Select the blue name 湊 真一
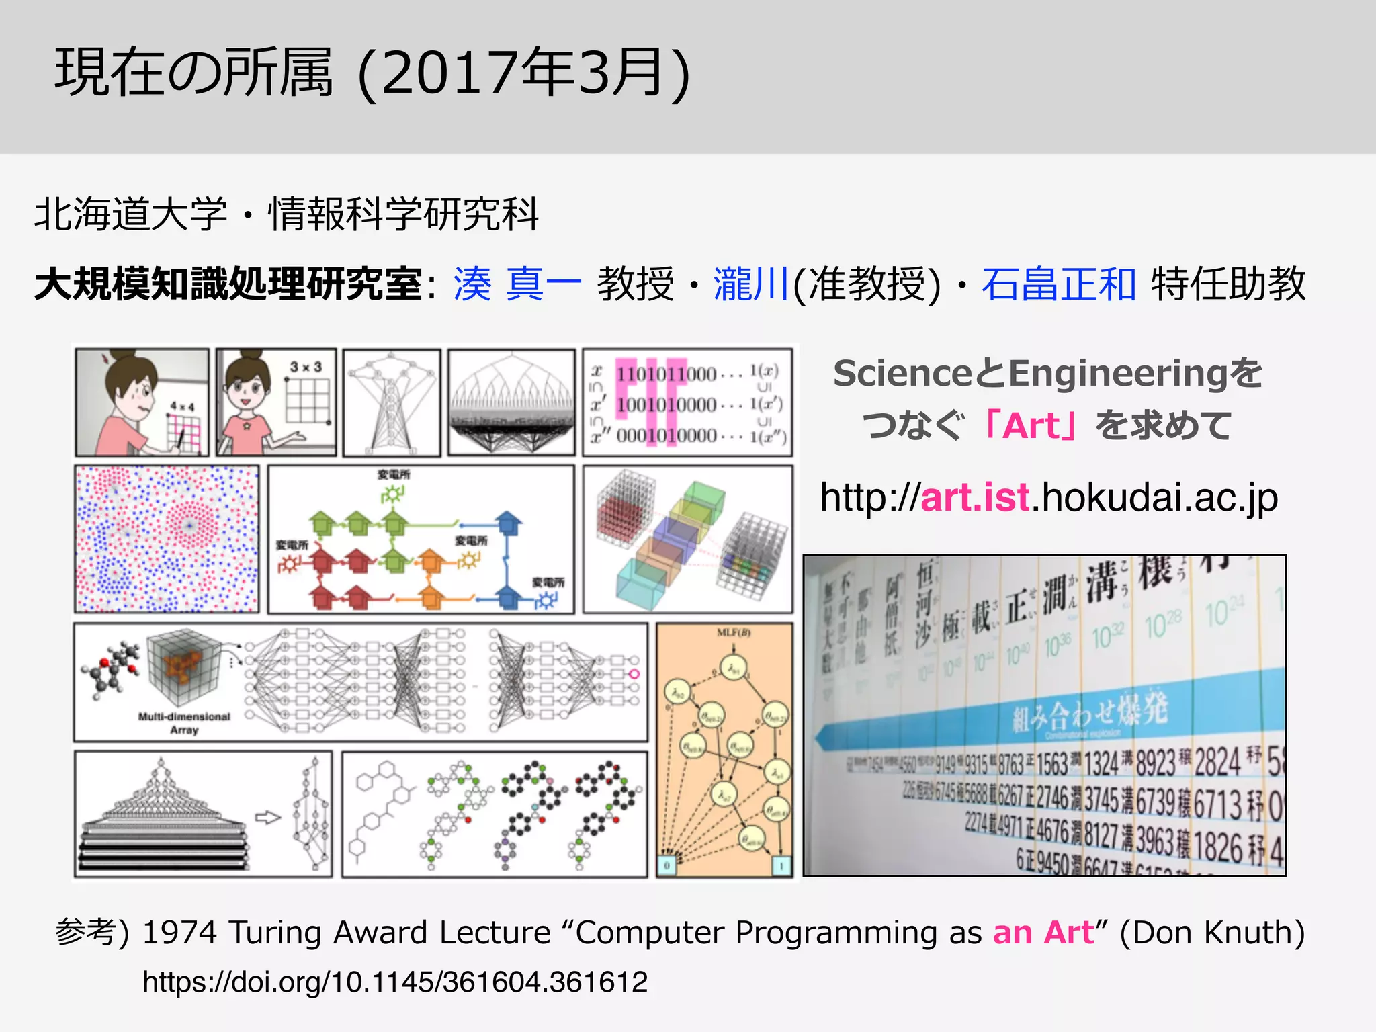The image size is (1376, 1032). pos(517,284)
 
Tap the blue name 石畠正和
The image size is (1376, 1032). pos(1058,284)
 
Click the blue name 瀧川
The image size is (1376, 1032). pos(750,284)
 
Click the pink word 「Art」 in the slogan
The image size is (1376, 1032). pos(1029,426)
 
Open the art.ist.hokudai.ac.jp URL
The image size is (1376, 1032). pos(1048,498)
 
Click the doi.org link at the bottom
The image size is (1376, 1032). pos(395,982)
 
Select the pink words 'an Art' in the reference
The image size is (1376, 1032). pos(1043,933)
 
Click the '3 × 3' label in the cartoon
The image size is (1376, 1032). pos(306,367)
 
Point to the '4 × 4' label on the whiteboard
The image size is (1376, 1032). pos(181,406)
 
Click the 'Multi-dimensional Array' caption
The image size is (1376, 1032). pos(184,723)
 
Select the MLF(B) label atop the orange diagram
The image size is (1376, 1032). pos(733,632)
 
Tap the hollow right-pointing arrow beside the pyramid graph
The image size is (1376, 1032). pos(267,818)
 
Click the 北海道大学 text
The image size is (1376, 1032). pos(131,214)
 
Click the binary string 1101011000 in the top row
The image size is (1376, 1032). pos(666,374)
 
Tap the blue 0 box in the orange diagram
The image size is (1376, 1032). pos(666,865)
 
